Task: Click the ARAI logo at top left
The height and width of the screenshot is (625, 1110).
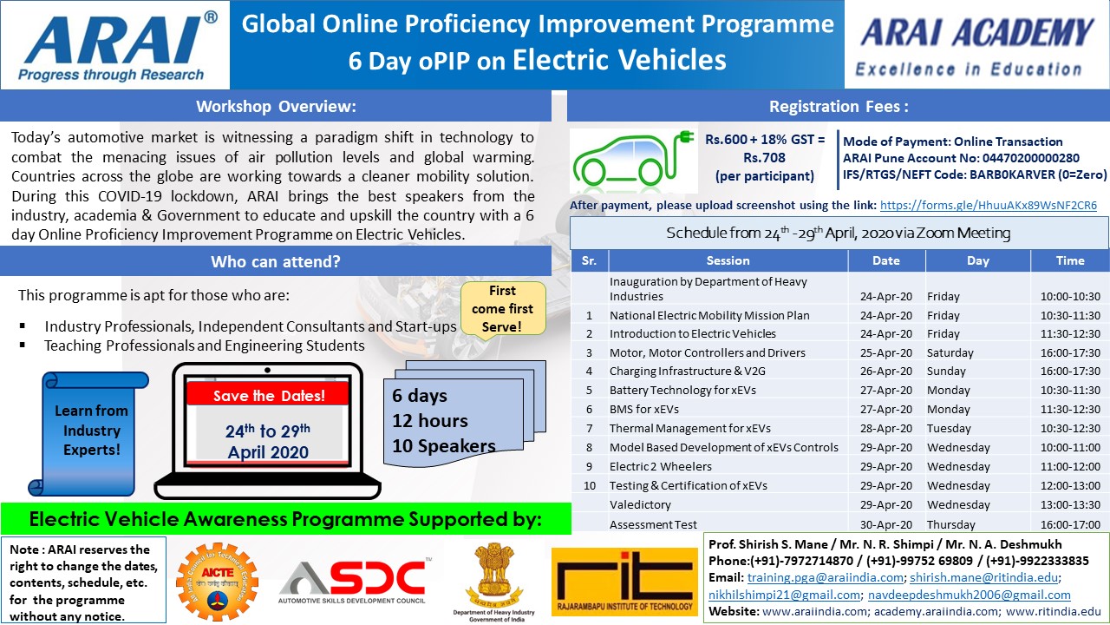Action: (113, 45)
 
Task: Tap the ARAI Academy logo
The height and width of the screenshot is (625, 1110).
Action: (976, 45)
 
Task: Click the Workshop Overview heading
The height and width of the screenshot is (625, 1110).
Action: (276, 107)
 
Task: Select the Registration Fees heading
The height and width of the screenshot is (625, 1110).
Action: (839, 107)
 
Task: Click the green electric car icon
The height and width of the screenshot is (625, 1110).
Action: (634, 160)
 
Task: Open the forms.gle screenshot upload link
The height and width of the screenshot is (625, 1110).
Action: (988, 206)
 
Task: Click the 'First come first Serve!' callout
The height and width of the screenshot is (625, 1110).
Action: (502, 309)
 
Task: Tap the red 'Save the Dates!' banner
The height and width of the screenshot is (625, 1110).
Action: (269, 396)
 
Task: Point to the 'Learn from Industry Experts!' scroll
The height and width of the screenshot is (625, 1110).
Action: (91, 431)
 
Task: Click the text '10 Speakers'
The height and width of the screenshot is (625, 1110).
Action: (443, 446)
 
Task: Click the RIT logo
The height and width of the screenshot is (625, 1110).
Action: (624, 582)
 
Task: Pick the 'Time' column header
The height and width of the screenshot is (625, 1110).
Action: (1069, 260)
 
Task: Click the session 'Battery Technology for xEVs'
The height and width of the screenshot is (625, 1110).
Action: (682, 391)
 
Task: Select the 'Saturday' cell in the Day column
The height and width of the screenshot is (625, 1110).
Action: (950, 352)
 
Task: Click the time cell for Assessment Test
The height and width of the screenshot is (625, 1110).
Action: (1069, 524)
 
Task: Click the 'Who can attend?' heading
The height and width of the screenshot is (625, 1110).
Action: (276, 261)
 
